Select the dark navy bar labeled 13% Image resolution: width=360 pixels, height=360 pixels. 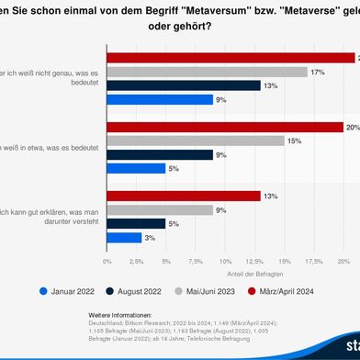pyautogui.click(x=183, y=85)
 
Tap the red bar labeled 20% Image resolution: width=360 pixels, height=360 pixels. pyautogui.click(x=225, y=128)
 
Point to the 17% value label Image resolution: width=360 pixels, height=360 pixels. pyautogui.click(x=316, y=71)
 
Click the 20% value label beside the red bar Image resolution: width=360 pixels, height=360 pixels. pyautogui.click(x=352, y=128)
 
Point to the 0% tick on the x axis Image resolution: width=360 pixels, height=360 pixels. pyautogui.click(x=107, y=262)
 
